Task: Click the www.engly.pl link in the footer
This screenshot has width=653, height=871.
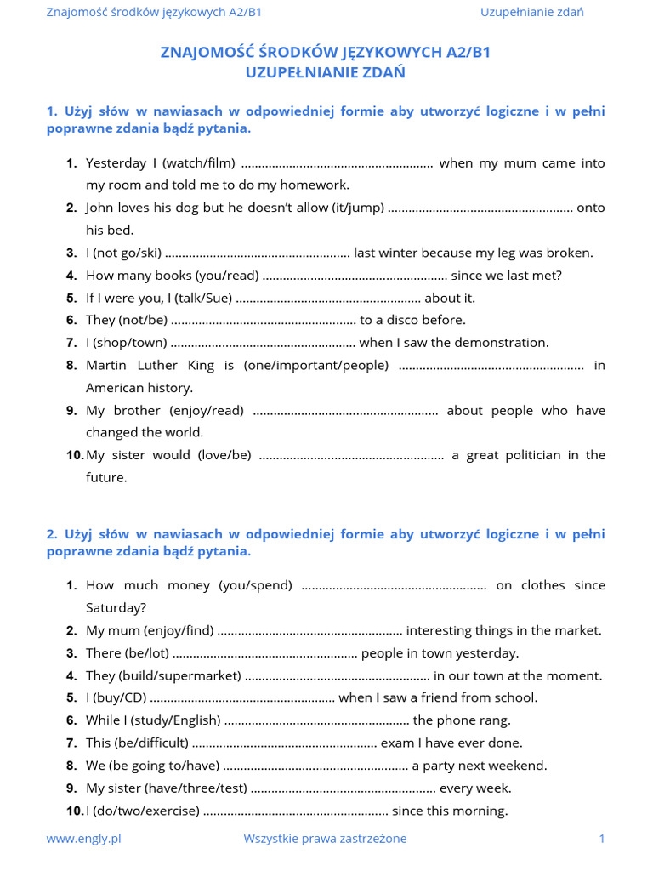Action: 83,839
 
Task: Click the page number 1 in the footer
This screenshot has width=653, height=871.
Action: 602,839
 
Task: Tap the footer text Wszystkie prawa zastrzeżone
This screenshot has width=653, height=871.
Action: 325,839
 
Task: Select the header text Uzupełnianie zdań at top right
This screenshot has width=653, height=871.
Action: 531,12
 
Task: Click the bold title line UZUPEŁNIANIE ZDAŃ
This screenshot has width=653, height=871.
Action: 326,73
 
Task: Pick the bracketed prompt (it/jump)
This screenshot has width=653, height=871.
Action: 351,208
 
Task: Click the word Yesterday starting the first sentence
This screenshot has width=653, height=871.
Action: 116,162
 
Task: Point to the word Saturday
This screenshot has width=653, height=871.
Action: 116,608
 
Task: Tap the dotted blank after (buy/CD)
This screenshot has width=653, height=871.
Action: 242,698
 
